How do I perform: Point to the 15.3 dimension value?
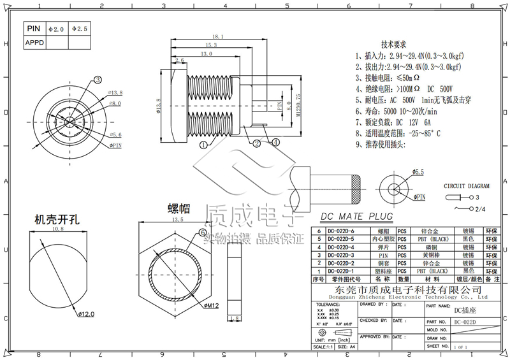(x=211, y=45)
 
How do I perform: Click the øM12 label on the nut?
(x=212, y=306)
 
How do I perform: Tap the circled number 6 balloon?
(x=203, y=233)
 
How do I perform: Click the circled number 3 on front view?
(x=98, y=80)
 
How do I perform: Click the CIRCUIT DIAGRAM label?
(x=467, y=186)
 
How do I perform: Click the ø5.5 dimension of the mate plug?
(x=418, y=171)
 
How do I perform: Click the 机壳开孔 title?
(x=56, y=219)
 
